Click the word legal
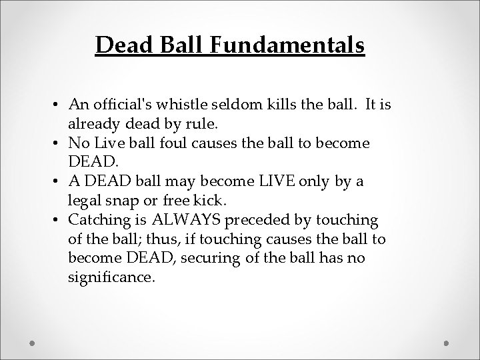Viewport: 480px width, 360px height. [83, 202]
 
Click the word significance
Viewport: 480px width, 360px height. [111, 276]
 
